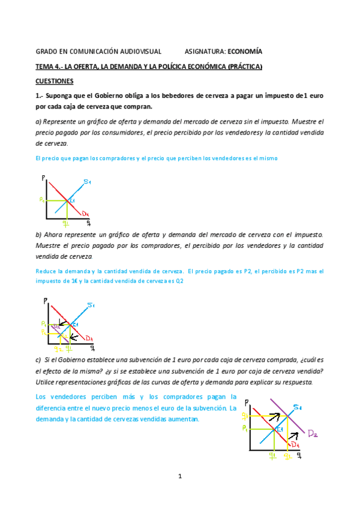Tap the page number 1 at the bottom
pos(179,477)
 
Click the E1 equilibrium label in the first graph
pos(72,200)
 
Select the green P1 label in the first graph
pos(41,199)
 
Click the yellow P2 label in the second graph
pos(43,324)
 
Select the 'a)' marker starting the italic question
pos(40,121)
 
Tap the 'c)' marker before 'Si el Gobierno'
pos(39,360)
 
